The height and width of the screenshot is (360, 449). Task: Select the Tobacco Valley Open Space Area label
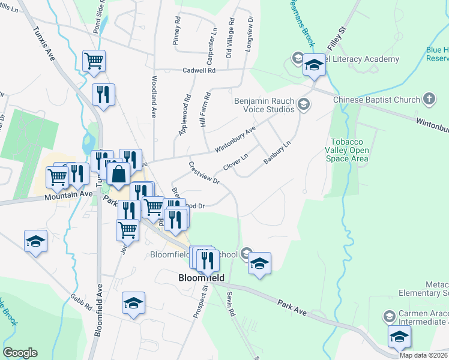coord(346,150)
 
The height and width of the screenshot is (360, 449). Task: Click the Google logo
coord(20,353)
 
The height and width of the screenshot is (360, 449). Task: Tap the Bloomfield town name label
coord(202,278)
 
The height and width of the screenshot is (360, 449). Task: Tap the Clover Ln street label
coord(235,162)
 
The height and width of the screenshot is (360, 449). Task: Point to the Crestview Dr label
coord(204,172)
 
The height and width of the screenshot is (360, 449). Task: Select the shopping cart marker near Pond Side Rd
coord(94,61)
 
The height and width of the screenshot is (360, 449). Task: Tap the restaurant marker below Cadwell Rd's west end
coord(103,94)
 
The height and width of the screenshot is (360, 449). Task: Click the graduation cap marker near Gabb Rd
coord(133,302)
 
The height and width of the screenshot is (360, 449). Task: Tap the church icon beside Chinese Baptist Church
coord(429,98)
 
